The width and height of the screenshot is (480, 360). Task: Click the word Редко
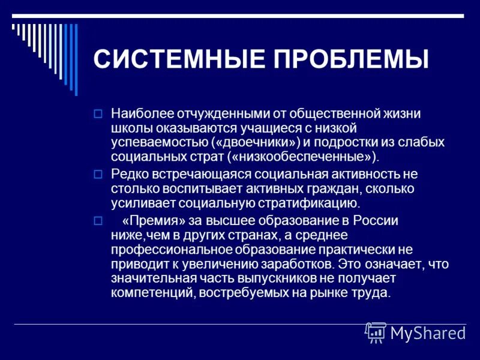click(x=128, y=175)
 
